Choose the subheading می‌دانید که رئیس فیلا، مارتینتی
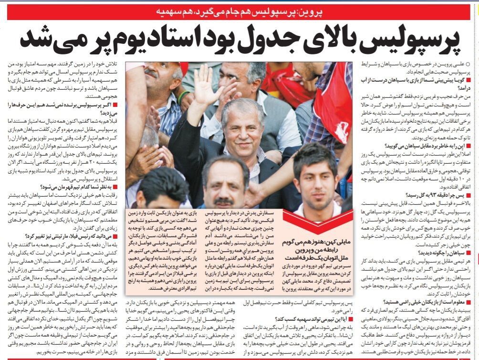tap(76, 236)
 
